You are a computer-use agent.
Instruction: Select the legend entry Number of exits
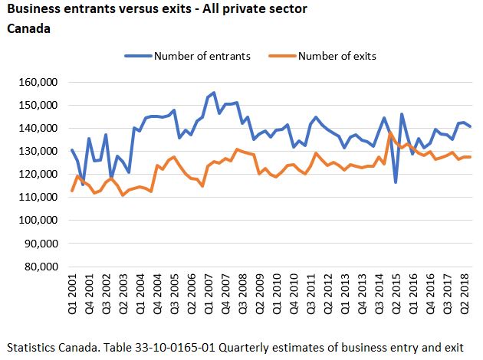pyautogui.click(x=336, y=56)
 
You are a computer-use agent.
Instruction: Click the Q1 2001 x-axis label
pyautogui.click(x=73, y=294)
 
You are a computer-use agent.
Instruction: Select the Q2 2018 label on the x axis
pyautogui.click(x=465, y=294)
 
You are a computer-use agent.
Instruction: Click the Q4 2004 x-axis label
pyautogui.click(x=157, y=294)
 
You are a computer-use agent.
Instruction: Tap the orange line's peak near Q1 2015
pyautogui.click(x=391, y=133)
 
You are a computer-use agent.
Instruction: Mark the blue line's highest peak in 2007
pyautogui.click(x=213, y=93)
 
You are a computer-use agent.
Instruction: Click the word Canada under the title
pyautogui.click(x=28, y=28)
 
